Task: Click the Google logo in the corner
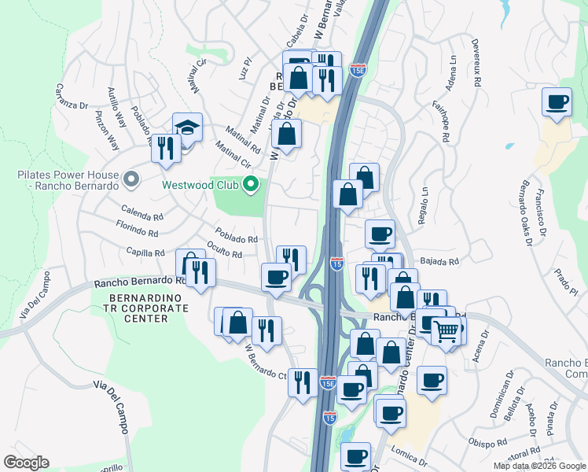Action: click(26, 463)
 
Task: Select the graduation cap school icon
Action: click(188, 128)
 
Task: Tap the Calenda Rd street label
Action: click(142, 212)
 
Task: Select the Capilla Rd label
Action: click(145, 253)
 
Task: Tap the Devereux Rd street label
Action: click(476, 61)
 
